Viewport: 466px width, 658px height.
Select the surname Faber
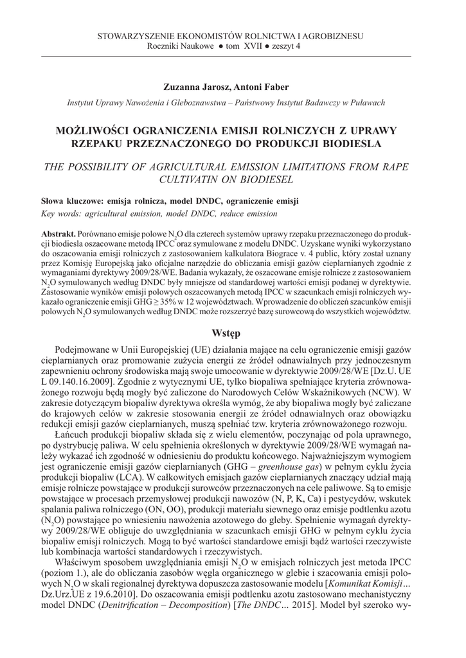click(x=276, y=87)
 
